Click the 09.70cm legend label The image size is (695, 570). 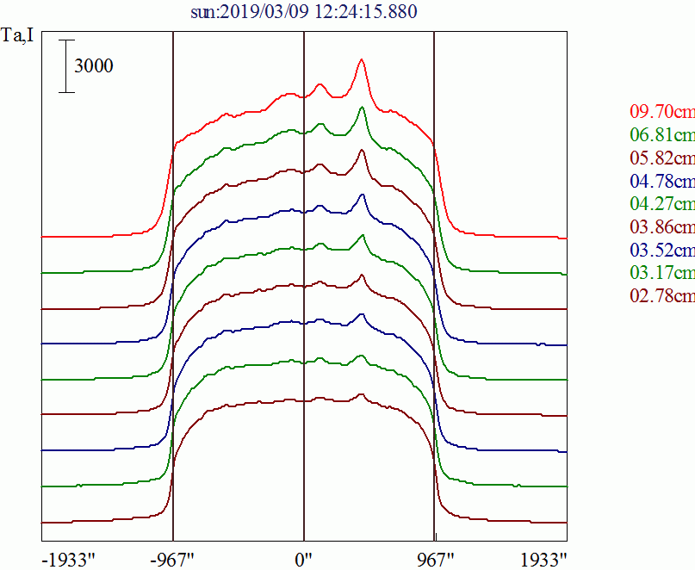[x=661, y=112]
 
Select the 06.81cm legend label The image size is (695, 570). [x=661, y=135]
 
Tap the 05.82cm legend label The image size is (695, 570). [x=661, y=158]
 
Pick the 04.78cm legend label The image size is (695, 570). [x=661, y=182]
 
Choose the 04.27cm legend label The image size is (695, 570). [x=661, y=204]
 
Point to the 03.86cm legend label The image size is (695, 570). [x=661, y=227]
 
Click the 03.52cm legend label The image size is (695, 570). [x=661, y=251]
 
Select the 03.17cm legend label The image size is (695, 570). [x=661, y=274]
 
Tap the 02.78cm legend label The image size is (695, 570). [x=661, y=296]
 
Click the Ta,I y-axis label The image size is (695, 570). [x=19, y=36]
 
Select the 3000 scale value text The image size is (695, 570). [x=93, y=66]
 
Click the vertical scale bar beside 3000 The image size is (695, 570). [x=67, y=65]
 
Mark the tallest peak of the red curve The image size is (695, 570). [x=362, y=59]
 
